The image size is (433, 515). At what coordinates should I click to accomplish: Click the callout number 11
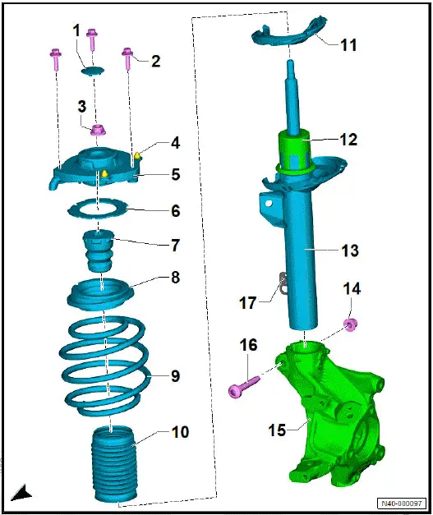(x=348, y=45)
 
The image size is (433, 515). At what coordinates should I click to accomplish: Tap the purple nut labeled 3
(x=97, y=129)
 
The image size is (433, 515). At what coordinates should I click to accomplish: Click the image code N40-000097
(x=401, y=504)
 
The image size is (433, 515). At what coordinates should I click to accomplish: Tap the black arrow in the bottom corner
(x=21, y=493)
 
